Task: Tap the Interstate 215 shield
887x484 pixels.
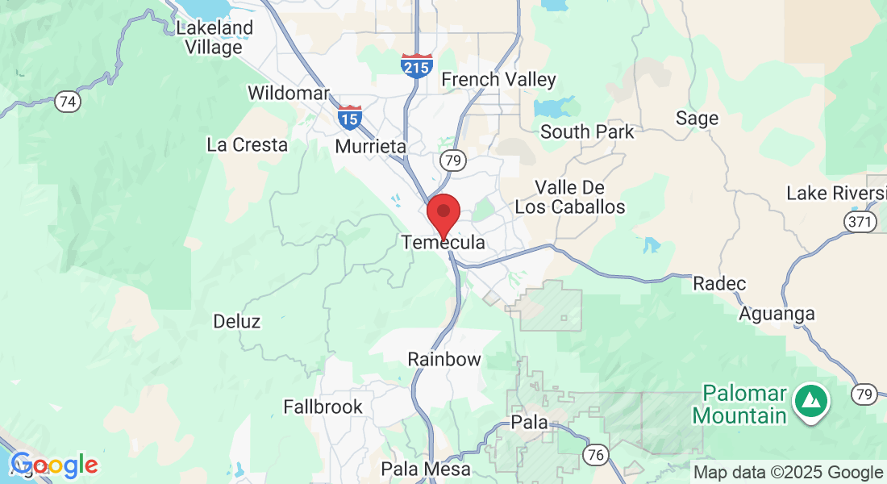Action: click(x=416, y=65)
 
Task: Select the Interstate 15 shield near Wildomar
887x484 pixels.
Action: click(x=349, y=117)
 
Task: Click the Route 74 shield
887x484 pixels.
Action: click(x=68, y=102)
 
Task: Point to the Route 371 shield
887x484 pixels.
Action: click(x=860, y=221)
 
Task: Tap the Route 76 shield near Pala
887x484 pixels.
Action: click(x=596, y=455)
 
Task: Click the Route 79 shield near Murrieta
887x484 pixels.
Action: click(x=453, y=161)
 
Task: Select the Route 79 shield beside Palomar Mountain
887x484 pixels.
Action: click(x=864, y=394)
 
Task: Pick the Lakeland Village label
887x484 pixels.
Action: click(x=214, y=37)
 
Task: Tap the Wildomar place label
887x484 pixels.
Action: click(x=289, y=93)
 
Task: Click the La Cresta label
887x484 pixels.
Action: click(x=247, y=145)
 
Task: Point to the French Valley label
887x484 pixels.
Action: click(x=498, y=79)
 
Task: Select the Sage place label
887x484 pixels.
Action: click(x=697, y=119)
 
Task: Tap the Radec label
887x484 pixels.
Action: click(x=719, y=284)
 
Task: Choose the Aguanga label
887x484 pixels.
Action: click(x=777, y=313)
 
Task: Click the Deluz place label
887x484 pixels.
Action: click(x=236, y=322)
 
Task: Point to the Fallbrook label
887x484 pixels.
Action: click(x=323, y=407)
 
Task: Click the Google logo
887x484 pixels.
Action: click(x=54, y=465)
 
